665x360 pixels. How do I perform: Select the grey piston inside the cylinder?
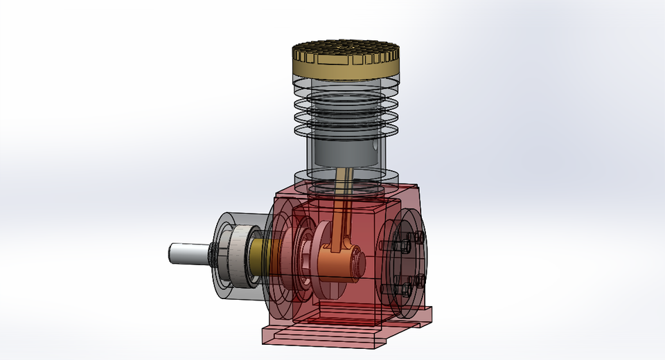346,153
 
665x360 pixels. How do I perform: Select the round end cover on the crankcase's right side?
404,263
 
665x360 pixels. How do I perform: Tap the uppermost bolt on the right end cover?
419,237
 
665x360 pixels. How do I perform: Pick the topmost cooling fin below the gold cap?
346,88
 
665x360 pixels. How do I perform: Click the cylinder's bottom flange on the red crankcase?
346,180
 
